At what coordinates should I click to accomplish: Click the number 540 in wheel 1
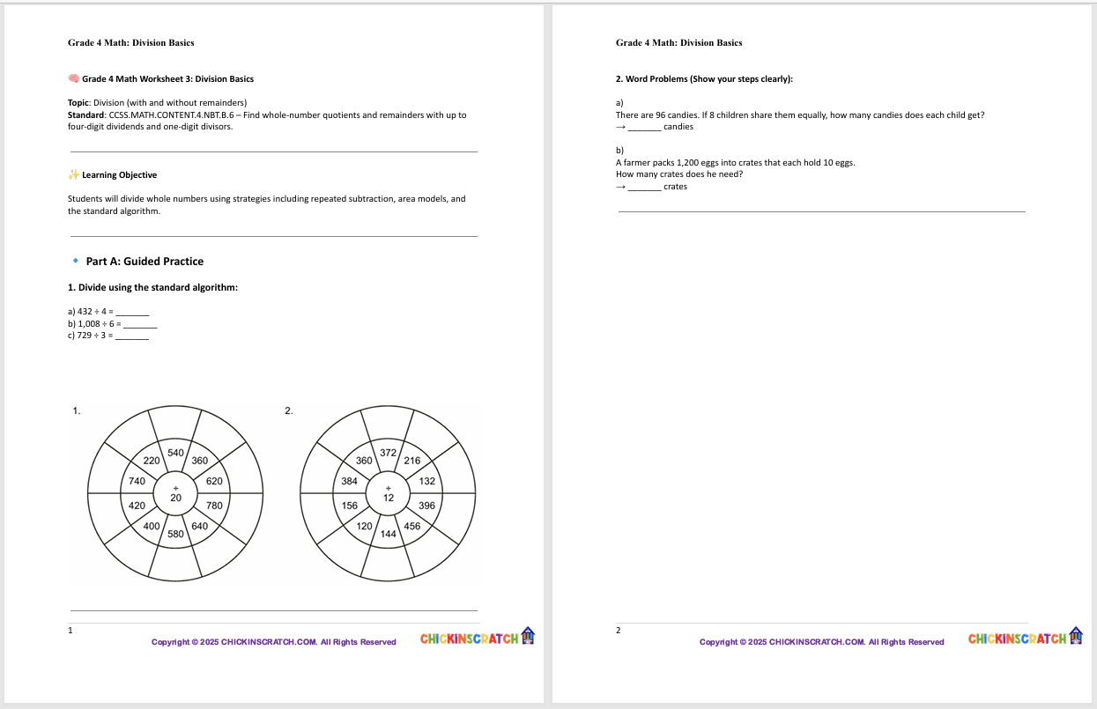[x=175, y=453]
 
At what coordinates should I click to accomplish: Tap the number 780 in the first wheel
[x=214, y=506]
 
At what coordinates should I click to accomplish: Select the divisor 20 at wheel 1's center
[x=175, y=498]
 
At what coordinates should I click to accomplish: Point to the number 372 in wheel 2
[x=388, y=453]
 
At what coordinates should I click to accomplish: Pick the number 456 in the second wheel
[x=411, y=526]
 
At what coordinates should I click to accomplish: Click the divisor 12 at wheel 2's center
[x=388, y=498]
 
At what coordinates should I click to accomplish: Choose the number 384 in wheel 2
[x=349, y=482]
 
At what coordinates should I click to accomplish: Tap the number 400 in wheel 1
[x=152, y=526]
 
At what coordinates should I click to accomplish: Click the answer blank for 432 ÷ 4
[x=133, y=313]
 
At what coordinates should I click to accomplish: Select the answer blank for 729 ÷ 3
[x=132, y=336]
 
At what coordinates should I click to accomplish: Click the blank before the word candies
[x=644, y=127]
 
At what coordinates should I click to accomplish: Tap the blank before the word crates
[x=644, y=187]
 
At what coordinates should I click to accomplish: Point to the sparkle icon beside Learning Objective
[x=74, y=175]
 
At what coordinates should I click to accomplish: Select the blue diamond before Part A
[x=76, y=262]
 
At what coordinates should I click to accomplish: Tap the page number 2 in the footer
[x=618, y=631]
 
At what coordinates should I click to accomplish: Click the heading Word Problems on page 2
[x=704, y=79]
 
